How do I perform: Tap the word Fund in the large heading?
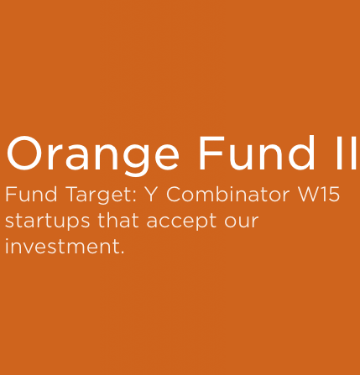point(257,153)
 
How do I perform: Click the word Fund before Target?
point(31,195)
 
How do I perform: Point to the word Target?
point(102,196)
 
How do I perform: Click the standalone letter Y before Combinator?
point(151,195)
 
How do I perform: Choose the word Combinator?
point(228,195)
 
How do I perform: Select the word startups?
point(48,221)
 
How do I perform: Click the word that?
point(118,221)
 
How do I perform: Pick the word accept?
point(181,221)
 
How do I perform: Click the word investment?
point(62,247)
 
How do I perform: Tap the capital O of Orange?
point(25,153)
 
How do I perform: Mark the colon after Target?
point(134,196)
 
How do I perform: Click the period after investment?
point(122,253)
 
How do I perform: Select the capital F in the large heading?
point(211,153)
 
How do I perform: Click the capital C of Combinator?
point(175,195)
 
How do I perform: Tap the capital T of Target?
point(74,195)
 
